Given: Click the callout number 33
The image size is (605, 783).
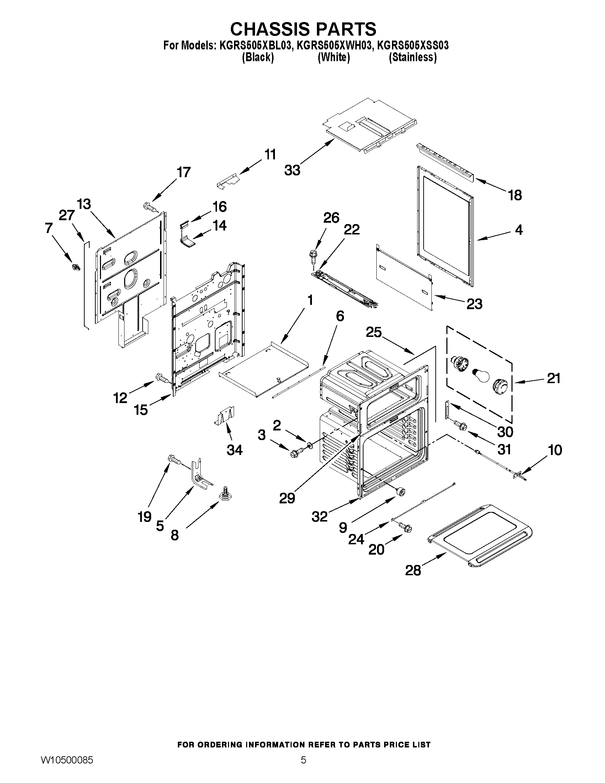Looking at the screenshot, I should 292,170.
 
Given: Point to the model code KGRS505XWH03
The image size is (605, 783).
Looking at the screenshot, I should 334,46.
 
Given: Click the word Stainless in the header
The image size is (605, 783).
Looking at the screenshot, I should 413,57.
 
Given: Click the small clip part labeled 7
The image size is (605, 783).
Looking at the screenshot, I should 76,267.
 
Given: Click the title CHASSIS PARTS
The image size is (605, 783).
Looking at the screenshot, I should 303,29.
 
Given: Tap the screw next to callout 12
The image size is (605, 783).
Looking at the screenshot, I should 161,378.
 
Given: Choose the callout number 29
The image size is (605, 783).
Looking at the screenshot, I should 287,498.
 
